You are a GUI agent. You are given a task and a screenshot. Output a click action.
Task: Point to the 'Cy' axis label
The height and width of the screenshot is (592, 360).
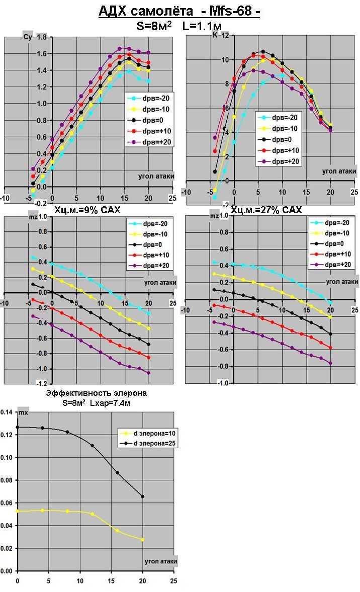(x=28, y=37)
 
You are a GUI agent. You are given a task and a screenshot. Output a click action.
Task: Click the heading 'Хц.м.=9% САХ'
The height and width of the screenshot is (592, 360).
(x=87, y=210)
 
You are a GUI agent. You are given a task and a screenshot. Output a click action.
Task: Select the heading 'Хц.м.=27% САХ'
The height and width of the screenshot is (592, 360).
(x=266, y=210)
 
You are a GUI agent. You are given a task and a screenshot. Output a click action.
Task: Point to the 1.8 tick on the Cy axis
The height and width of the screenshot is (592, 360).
(x=42, y=37)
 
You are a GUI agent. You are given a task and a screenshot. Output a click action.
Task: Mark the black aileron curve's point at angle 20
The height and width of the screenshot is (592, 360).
(x=143, y=496)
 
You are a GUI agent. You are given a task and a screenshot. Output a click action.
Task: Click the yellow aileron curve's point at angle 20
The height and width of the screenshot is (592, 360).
(x=143, y=540)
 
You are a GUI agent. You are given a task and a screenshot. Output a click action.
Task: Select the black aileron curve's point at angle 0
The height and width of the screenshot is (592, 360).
(x=18, y=427)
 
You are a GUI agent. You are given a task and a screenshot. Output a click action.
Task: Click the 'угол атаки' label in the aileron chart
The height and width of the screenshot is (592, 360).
(x=160, y=561)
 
